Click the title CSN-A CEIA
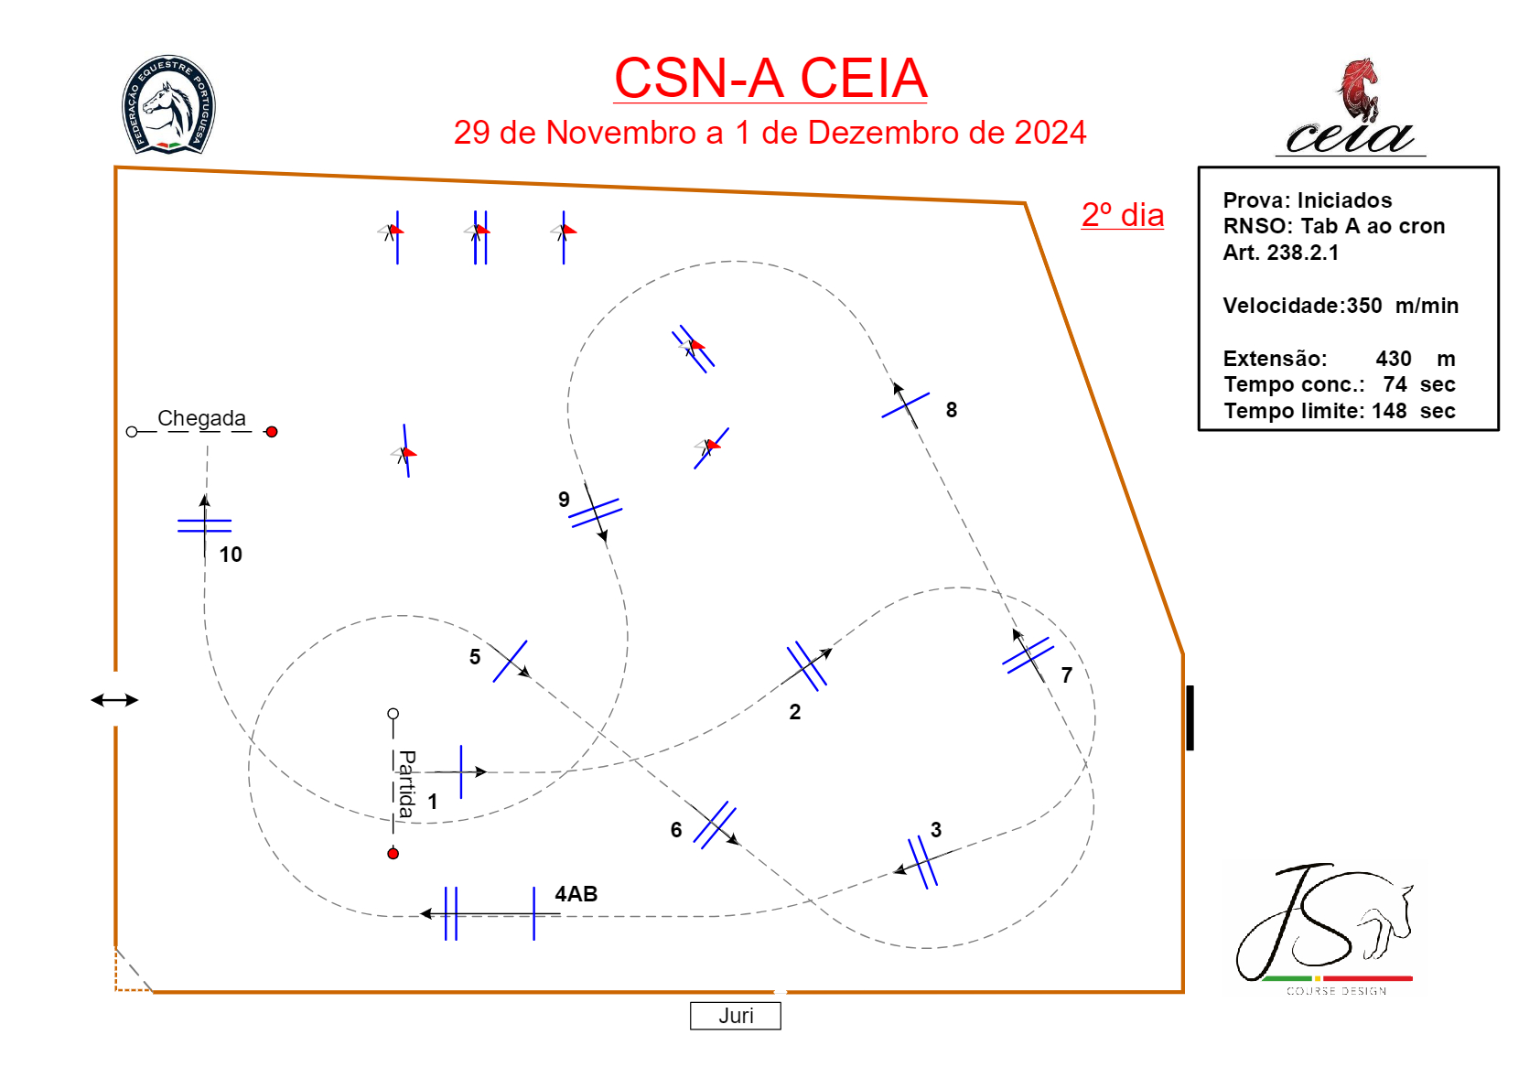[770, 79]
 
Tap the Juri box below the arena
[736, 1016]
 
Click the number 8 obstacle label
[952, 410]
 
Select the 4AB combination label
[576, 894]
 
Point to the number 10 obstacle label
[231, 555]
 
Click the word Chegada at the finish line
[201, 418]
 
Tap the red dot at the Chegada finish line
[272, 432]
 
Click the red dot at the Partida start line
[393, 854]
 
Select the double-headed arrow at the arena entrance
[114, 700]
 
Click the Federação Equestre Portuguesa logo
[168, 104]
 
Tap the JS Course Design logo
[1323, 926]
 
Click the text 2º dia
[1123, 215]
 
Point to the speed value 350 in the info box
[1364, 306]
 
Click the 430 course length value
[1394, 359]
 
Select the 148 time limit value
[1389, 411]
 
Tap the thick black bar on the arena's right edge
[1190, 717]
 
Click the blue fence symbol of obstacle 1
[461, 771]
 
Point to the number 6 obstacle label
[676, 830]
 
